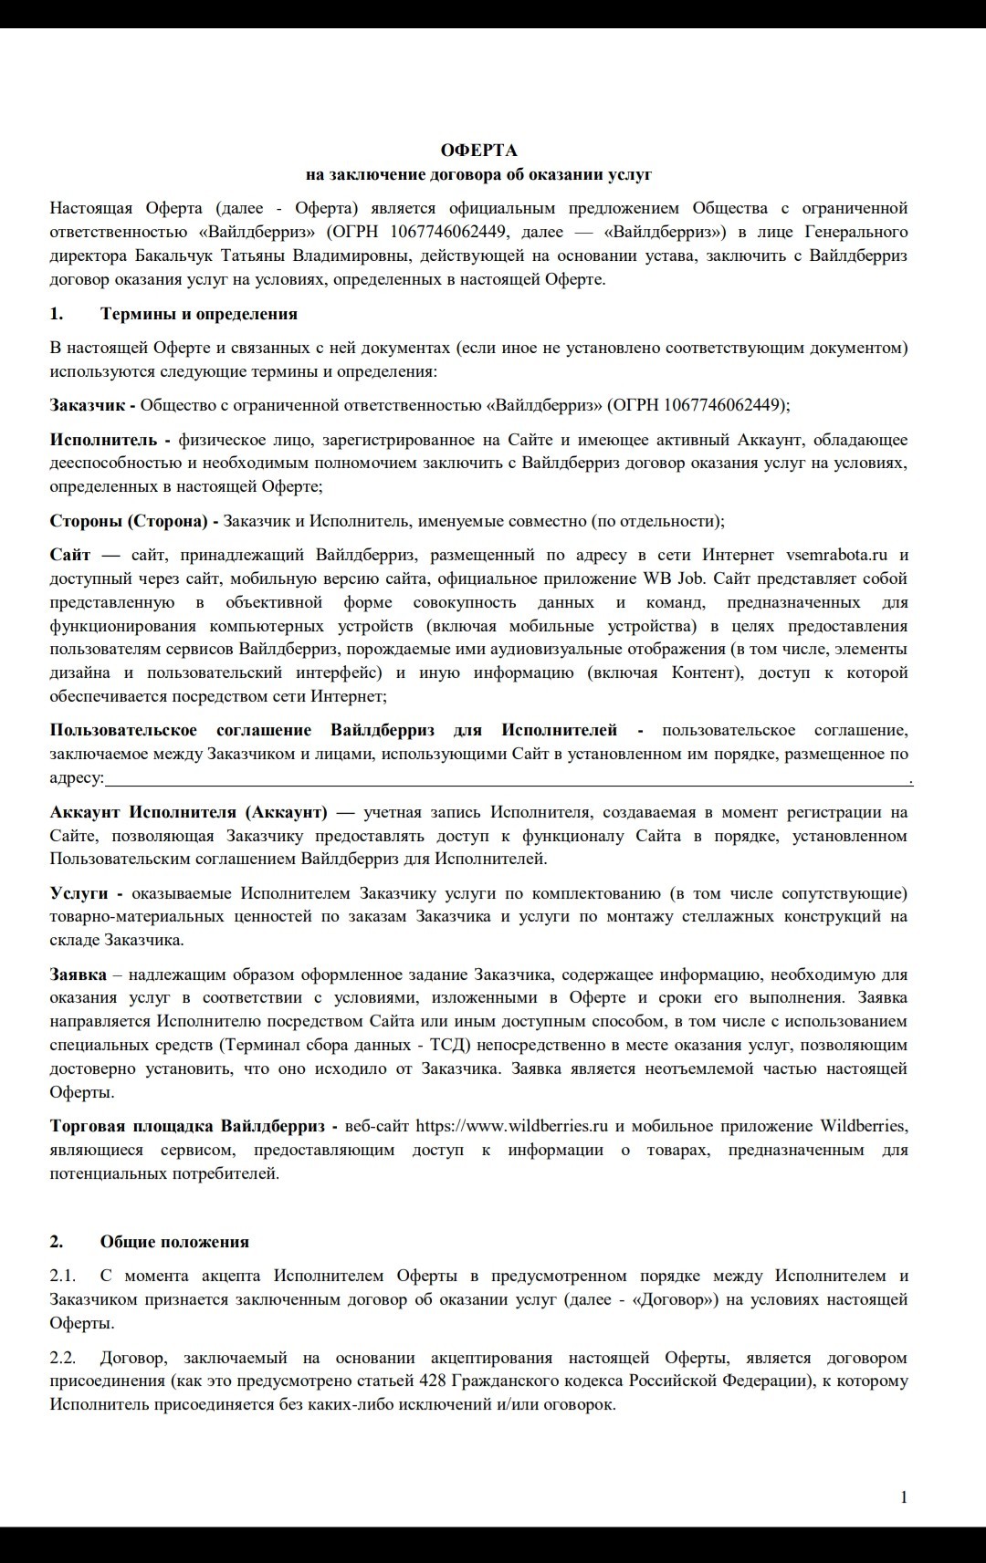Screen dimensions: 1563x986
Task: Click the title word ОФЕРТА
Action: coord(478,150)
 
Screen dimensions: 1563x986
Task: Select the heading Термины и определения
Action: coord(198,314)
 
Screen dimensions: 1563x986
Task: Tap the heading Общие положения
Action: coord(173,1241)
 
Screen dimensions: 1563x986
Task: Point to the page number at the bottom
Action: coord(904,1496)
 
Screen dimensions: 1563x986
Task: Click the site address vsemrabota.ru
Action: coord(836,555)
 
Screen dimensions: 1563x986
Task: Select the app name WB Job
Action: coord(676,578)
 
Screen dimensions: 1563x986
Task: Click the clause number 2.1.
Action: coord(62,1276)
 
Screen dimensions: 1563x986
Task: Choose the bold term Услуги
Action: coord(79,893)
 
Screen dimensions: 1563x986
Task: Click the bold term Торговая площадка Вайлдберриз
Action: coord(194,1126)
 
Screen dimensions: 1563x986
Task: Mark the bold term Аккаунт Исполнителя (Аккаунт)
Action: coord(188,812)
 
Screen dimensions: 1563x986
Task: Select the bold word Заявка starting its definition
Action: coord(78,974)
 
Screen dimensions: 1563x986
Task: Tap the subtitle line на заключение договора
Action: coord(478,174)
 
